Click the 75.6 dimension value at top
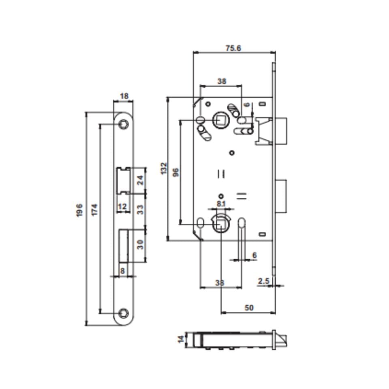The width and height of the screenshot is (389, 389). [x=233, y=48]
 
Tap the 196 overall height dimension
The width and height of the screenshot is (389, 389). [x=79, y=210]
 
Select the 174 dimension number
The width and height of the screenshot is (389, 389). [x=94, y=210]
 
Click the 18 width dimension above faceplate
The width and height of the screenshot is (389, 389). [x=124, y=96]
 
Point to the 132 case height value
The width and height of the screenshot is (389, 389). [x=164, y=169]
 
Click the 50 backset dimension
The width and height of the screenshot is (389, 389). [x=249, y=308]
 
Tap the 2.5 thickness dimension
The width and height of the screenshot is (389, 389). [x=264, y=280]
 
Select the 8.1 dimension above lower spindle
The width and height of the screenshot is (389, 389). [x=221, y=204]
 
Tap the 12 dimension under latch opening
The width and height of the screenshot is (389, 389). [x=122, y=207]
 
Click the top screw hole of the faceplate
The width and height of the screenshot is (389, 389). [x=124, y=125]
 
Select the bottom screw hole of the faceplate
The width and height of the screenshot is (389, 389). [x=124, y=313]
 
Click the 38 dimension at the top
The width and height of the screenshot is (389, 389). [x=221, y=81]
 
